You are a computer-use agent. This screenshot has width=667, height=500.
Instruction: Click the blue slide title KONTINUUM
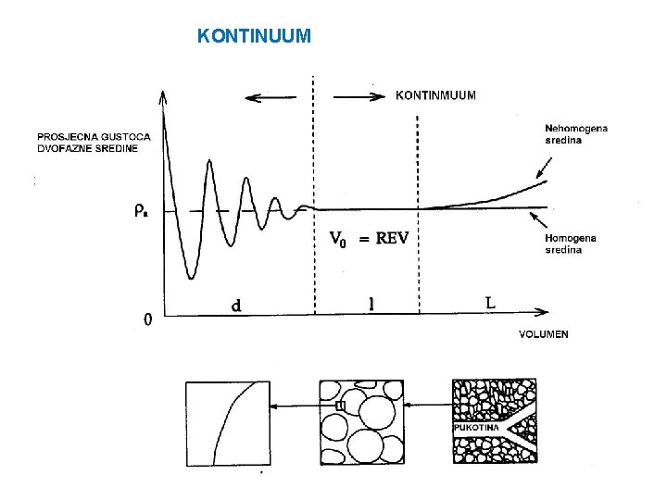point(255,37)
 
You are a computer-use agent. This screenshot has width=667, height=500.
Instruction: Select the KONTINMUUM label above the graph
point(435,94)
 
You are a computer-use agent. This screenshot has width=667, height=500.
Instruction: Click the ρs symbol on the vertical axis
point(140,210)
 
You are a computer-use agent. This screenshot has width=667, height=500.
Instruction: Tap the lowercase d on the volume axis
point(237,305)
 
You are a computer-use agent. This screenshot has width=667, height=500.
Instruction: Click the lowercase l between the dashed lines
point(371,303)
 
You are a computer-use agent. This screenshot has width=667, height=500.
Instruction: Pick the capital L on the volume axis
point(490,302)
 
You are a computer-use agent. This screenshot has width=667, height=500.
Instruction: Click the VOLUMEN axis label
point(544,334)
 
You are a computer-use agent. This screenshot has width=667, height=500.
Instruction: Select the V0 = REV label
point(370,238)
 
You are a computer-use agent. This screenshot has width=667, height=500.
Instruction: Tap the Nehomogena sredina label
point(576,134)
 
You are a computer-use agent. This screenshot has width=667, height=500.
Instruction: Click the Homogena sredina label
point(571,244)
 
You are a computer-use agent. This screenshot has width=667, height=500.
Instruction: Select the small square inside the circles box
point(340,406)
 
